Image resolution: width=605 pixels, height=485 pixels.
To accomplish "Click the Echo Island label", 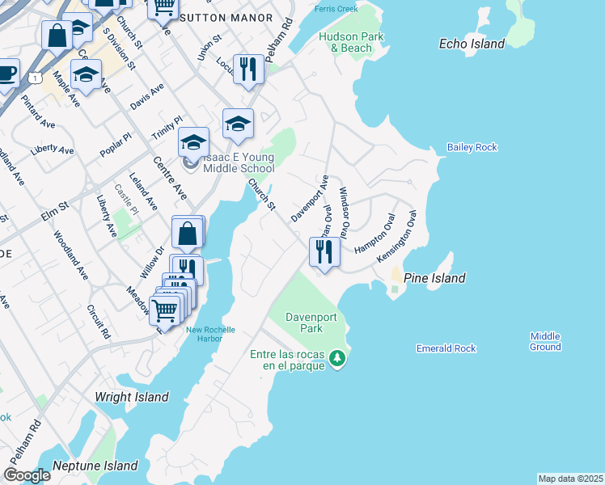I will [x=472, y=44].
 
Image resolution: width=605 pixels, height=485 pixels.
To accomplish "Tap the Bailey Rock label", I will [x=472, y=147].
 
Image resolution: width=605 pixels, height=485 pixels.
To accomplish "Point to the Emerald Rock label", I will [x=446, y=348].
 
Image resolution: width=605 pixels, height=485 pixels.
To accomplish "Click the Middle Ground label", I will [x=545, y=341].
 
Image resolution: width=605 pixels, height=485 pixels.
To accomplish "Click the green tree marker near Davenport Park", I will [x=341, y=358].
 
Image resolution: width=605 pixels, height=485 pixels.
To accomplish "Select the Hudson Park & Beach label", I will [x=345, y=42].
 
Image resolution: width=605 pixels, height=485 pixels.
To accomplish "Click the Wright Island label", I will [x=132, y=397].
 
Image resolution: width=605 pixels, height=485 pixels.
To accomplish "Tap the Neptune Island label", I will [x=95, y=466].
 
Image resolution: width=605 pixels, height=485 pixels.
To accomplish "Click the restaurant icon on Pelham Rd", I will [x=248, y=69].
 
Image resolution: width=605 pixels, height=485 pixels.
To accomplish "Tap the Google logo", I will [x=27, y=474].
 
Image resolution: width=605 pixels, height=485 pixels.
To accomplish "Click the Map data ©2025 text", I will [x=570, y=479].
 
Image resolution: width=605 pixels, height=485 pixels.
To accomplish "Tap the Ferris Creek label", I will [x=337, y=9].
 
